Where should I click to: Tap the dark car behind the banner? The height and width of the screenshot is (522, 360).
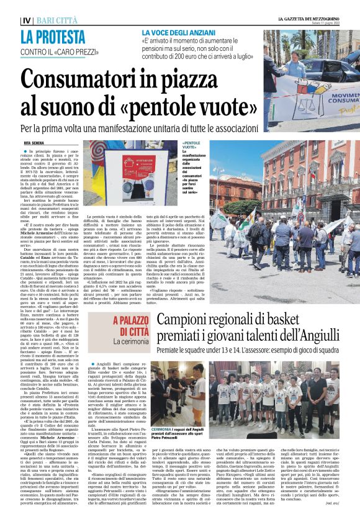[x=317, y=66]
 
